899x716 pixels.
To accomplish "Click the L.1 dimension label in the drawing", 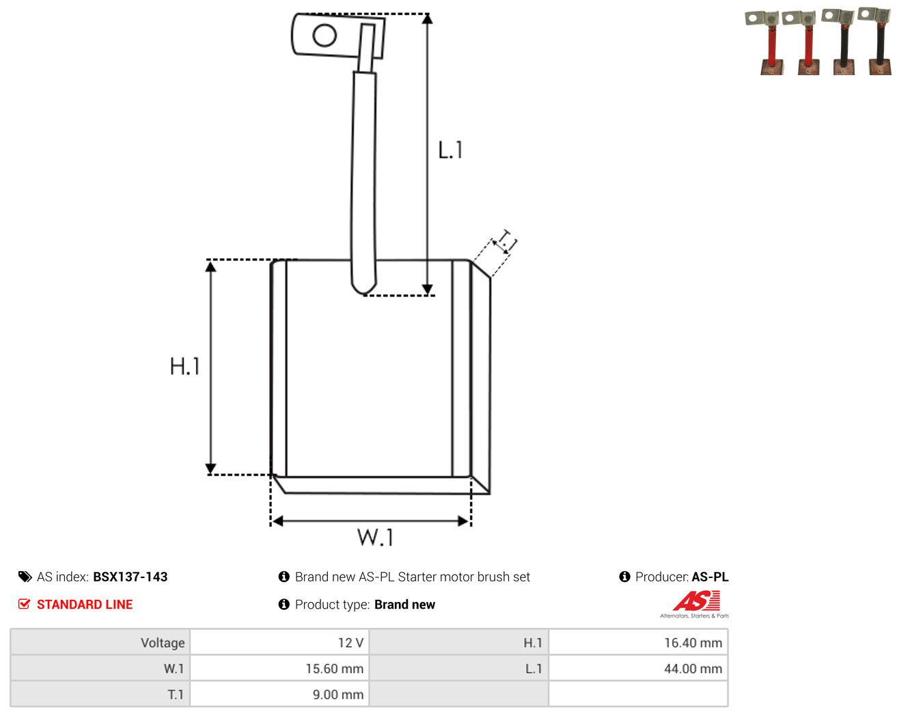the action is [450, 150].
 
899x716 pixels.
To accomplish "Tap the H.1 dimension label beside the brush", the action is [184, 366].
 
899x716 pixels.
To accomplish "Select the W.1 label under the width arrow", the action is [375, 537].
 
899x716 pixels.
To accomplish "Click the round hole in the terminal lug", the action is [324, 35].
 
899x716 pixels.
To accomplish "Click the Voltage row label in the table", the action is [163, 642].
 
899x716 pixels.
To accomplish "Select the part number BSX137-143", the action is [130, 577].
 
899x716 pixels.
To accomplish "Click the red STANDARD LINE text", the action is [85, 604].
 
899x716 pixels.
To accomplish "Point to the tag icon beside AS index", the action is [25, 577].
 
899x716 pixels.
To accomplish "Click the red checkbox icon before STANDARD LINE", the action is [24, 604].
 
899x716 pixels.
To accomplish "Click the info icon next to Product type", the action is [283, 604].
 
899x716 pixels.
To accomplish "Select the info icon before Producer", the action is [624, 577].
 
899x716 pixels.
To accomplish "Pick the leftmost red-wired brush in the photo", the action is [766, 42].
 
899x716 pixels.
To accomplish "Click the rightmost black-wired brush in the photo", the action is [876, 41].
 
